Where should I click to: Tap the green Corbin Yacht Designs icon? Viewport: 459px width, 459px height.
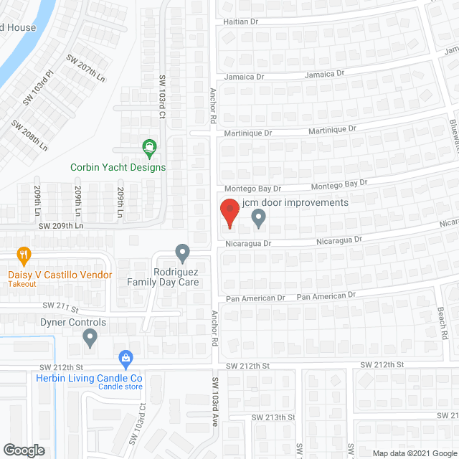pyautogui.click(x=151, y=148)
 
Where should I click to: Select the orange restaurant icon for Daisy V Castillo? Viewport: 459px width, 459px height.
pyautogui.click(x=24, y=255)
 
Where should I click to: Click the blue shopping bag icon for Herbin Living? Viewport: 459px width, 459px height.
pyautogui.click(x=126, y=357)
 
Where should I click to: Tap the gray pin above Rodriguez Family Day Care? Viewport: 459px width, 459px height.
pyautogui.click(x=182, y=253)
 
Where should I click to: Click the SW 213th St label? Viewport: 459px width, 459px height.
pyautogui.click(x=273, y=417)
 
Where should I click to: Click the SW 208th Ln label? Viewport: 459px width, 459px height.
pyautogui.click(x=29, y=134)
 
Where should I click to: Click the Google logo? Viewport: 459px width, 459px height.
pyautogui.click(x=23, y=450)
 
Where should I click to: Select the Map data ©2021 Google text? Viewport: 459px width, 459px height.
pyautogui.click(x=413, y=453)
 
